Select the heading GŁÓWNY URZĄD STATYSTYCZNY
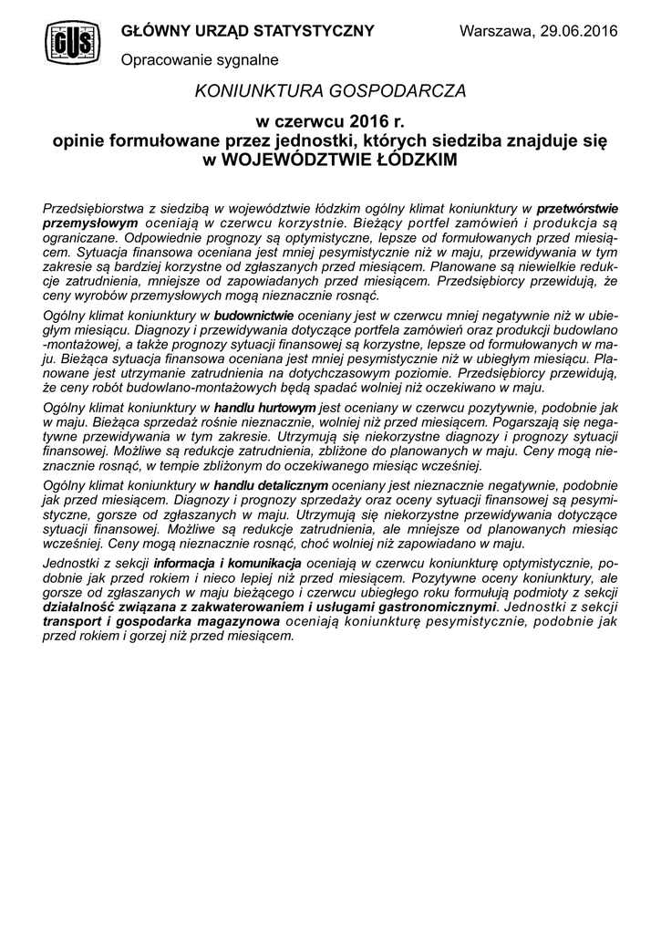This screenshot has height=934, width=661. click(247, 32)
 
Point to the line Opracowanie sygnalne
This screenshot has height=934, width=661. click(200, 59)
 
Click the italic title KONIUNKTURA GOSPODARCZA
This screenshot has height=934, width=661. click(330, 91)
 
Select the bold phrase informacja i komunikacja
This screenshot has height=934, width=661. click(228, 566)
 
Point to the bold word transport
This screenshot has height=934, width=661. click(73, 621)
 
